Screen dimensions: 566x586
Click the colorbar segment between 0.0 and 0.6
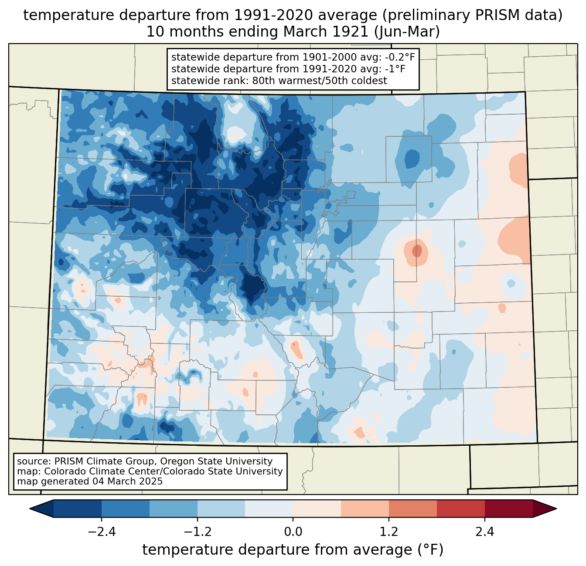(x=317, y=508)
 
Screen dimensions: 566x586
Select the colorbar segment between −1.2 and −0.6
(x=221, y=508)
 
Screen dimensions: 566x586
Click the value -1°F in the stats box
(x=395, y=69)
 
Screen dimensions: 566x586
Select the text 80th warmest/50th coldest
(x=320, y=81)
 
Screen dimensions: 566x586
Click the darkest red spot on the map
(x=417, y=251)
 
